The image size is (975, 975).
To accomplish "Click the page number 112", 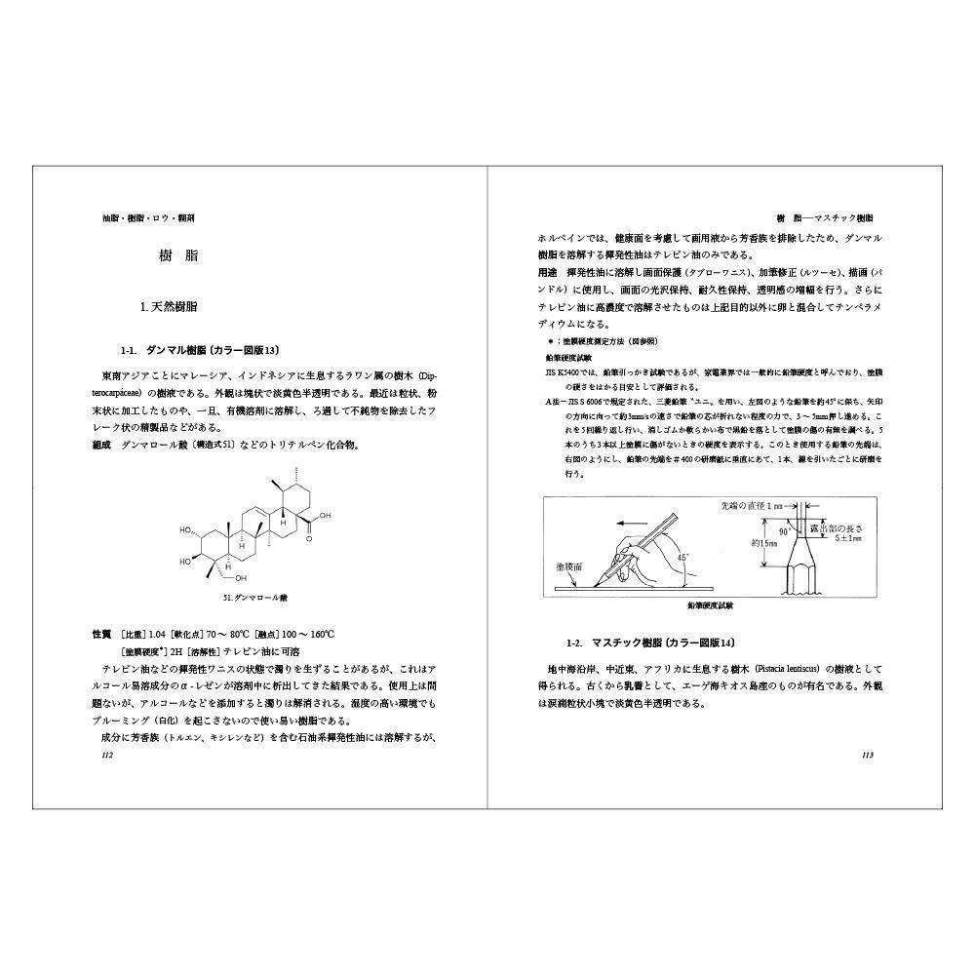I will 108,756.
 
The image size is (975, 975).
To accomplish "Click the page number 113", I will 868,756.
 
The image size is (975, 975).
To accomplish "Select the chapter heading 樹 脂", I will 178,256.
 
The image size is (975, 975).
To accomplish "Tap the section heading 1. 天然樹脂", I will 170,306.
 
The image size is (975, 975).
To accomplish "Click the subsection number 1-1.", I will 130,350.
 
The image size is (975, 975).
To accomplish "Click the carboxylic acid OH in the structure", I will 324,516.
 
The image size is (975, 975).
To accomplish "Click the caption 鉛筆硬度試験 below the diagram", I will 710,605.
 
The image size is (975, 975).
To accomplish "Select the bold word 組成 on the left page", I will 101,445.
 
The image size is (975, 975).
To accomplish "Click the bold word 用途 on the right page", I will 547,272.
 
